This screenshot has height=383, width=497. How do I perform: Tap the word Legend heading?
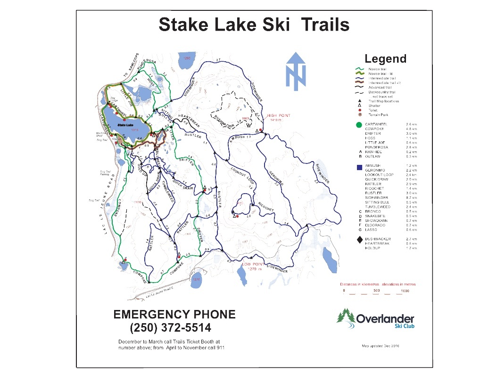coord(385,59)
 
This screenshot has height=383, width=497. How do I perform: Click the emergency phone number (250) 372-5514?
coord(170,327)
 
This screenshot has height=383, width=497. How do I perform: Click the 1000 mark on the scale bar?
coord(405,291)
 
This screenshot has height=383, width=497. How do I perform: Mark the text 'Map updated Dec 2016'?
coord(381,346)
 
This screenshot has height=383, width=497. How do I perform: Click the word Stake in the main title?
coord(182,24)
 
